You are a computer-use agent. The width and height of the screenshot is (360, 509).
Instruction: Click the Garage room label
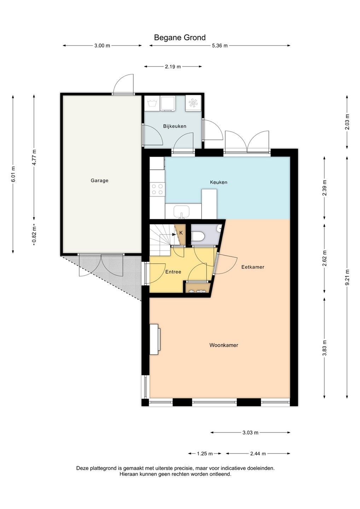click(99, 181)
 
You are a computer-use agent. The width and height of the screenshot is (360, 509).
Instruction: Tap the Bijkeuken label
click(175, 126)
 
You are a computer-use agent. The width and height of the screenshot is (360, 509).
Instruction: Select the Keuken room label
click(219, 182)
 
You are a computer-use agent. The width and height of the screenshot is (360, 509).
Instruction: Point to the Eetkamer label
click(253, 267)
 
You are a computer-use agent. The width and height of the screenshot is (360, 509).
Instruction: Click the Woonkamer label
click(223, 345)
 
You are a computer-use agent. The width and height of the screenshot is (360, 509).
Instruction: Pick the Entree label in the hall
click(173, 272)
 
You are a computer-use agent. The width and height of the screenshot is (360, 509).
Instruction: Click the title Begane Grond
click(180, 37)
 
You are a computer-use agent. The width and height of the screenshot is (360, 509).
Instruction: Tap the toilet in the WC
click(198, 236)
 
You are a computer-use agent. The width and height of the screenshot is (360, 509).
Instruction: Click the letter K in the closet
click(181, 233)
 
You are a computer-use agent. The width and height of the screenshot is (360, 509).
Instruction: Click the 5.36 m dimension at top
click(220, 46)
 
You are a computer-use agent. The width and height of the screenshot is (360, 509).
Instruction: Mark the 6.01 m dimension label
click(13, 174)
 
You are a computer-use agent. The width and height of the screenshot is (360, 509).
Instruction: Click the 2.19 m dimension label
click(173, 66)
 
